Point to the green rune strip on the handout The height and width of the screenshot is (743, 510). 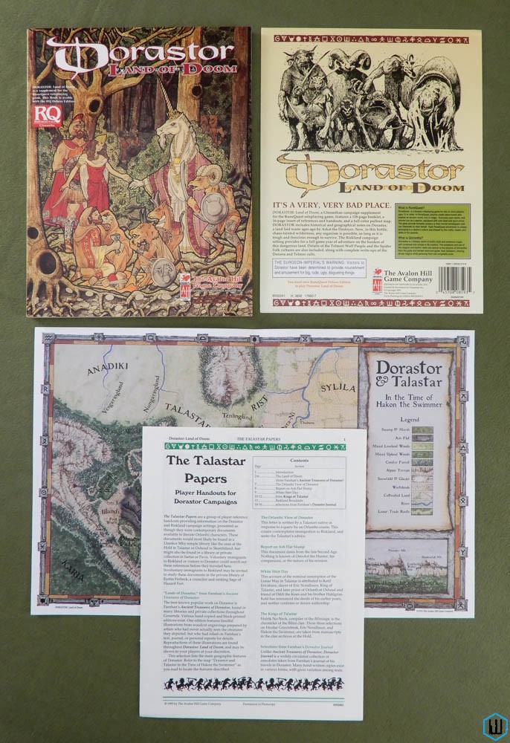coord(252,447)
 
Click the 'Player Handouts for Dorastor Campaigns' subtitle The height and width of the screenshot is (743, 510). coord(191,496)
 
